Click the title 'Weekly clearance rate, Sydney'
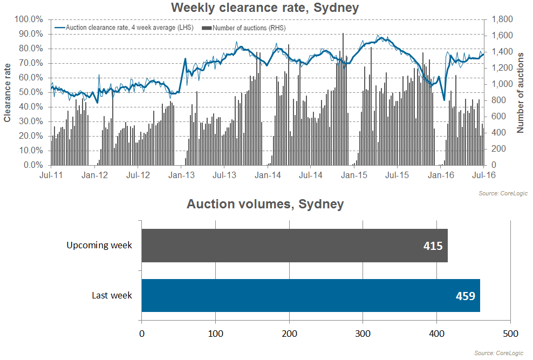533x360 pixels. tap(265, 8)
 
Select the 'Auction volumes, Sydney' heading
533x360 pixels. tap(265, 204)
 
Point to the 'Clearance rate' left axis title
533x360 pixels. tap(7, 93)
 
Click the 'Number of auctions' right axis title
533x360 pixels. tap(520, 92)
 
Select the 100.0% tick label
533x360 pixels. tap(29, 19)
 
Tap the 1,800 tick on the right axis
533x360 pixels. tap(502, 19)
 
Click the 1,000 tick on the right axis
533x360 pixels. tap(502, 84)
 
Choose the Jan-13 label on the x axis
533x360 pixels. tap(181, 175)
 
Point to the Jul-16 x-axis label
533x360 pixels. tap(484, 175)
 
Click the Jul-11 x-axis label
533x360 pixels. tap(51, 175)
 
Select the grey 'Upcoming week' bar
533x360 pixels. tap(295, 246)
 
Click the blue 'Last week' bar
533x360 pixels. tap(311, 295)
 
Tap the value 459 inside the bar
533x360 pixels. tap(466, 296)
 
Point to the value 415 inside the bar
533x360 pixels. tap(433, 246)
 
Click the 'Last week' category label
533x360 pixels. tap(112, 295)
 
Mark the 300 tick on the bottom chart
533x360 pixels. tap(363, 334)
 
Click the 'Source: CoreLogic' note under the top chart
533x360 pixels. tap(503, 193)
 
